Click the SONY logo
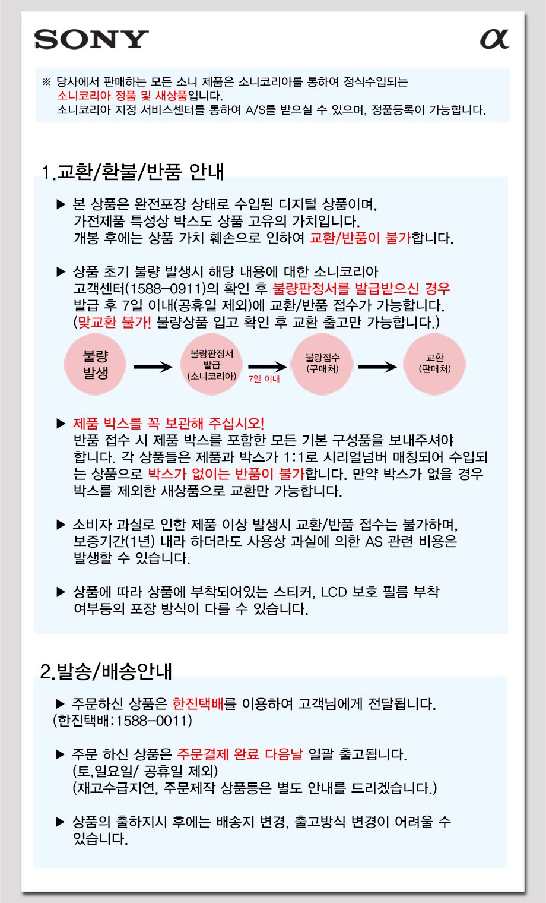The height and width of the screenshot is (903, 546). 91,39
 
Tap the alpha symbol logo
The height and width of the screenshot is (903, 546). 494,39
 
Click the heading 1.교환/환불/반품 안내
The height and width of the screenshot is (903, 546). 132,172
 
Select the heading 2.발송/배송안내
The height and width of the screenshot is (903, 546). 106,671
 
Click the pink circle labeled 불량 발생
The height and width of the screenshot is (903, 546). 95,364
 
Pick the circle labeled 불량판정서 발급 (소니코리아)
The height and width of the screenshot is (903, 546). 211,364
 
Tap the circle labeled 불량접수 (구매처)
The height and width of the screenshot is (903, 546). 322,364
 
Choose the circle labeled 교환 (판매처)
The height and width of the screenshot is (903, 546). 435,364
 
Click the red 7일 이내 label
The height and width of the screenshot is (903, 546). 264,379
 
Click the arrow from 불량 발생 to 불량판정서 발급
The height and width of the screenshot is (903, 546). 153,367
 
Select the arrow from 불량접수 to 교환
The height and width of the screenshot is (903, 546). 377,367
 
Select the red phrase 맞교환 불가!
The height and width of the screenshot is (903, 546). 115,322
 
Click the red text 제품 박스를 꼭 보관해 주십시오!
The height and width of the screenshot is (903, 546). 169,423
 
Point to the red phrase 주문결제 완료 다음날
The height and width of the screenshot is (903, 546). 240,754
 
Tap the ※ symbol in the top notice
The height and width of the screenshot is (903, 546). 46,82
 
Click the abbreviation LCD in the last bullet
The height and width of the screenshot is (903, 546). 334,592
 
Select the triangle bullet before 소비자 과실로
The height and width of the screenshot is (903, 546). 61,525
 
